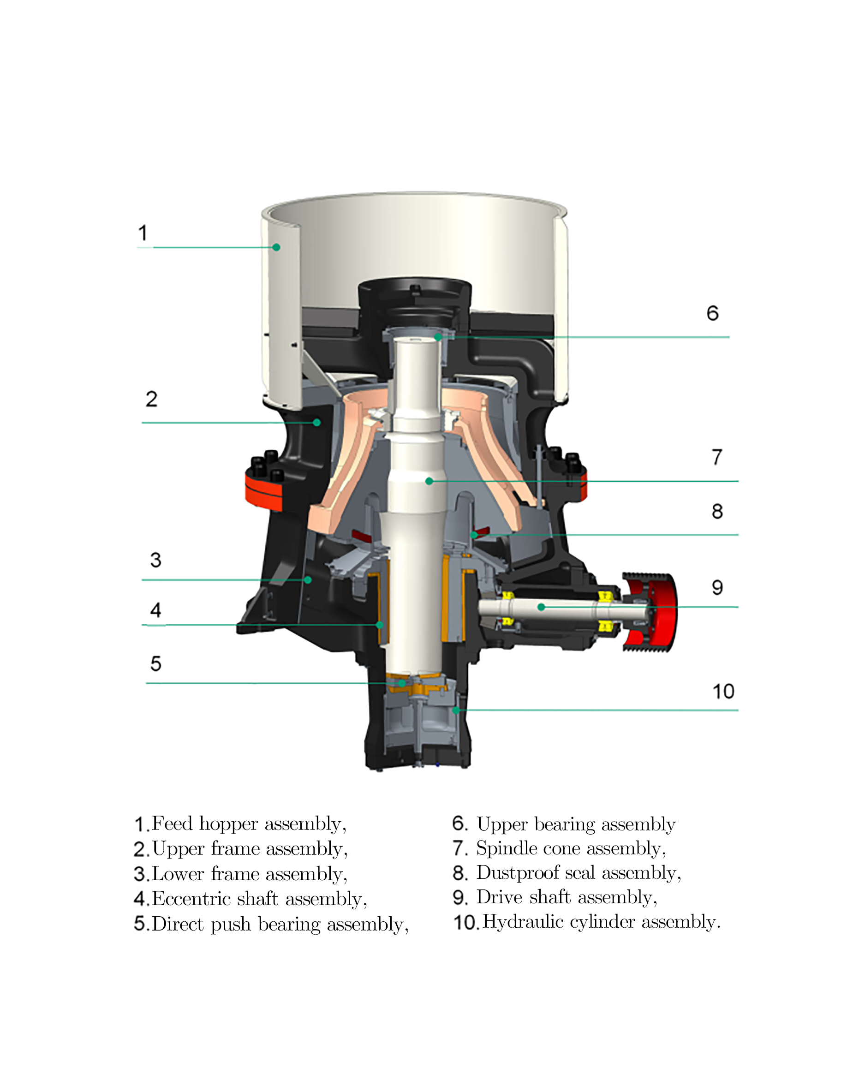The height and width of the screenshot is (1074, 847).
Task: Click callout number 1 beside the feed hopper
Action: click(143, 233)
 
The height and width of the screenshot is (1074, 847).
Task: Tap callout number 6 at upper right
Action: click(713, 313)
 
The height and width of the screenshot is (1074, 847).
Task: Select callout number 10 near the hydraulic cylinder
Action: click(723, 691)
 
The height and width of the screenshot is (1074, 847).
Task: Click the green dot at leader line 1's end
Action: click(277, 247)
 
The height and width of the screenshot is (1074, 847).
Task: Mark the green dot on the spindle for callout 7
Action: click(429, 481)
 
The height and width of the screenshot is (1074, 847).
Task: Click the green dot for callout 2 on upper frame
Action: click(316, 423)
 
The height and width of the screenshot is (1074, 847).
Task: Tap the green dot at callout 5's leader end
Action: click(402, 683)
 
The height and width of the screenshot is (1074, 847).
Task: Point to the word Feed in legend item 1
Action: click(172, 823)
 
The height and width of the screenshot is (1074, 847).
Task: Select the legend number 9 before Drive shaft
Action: click(459, 897)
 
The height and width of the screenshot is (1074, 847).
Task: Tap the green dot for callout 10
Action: click(456, 710)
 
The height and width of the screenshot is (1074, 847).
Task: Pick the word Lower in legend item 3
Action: click(178, 873)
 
